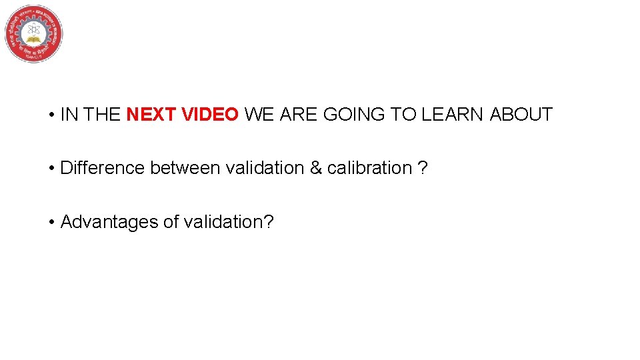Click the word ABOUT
[521, 115]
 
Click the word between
[185, 168]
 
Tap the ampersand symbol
[315, 168]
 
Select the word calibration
[369, 168]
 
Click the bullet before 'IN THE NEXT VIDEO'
[51, 115]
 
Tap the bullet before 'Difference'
[51, 169]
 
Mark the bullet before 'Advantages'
[51, 222]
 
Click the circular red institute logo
[34, 33]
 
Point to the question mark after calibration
[422, 168]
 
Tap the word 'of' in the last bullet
[170, 221]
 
